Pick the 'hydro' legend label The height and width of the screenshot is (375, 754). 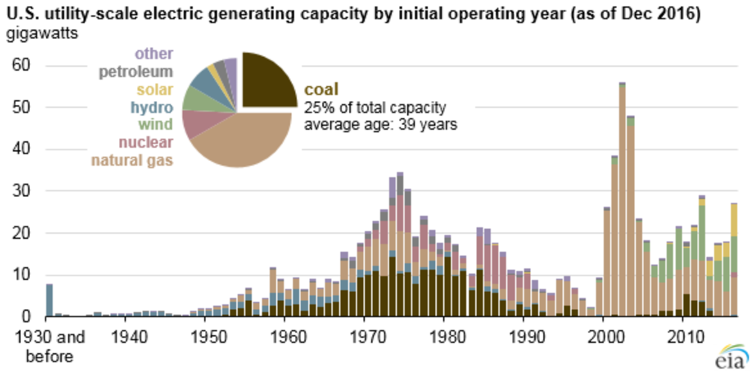pyautogui.click(x=152, y=107)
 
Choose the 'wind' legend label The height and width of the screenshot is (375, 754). pyautogui.click(x=156, y=125)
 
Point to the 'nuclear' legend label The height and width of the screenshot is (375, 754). pyautogui.click(x=146, y=142)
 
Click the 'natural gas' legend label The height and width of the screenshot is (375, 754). pyautogui.click(x=132, y=160)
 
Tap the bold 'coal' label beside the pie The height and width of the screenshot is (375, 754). pyautogui.click(x=320, y=89)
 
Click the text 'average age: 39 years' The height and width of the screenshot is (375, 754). pyautogui.click(x=380, y=125)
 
